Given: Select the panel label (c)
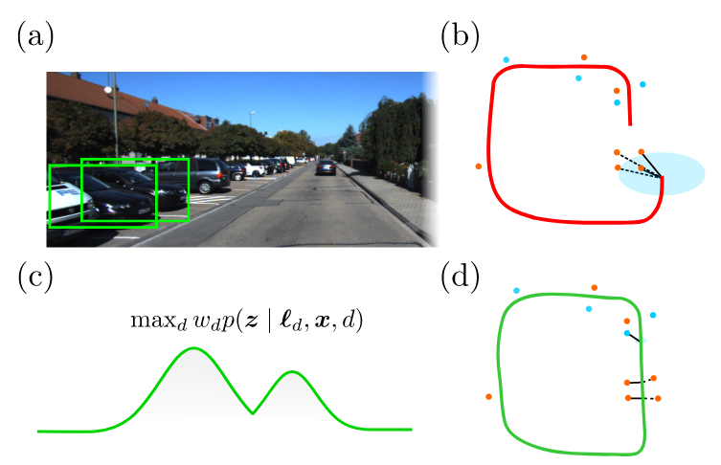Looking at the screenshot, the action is tap(34, 278).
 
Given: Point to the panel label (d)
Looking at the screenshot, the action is tap(460, 278).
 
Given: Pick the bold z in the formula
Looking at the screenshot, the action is tap(251, 321).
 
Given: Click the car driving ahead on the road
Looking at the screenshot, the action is tap(326, 166).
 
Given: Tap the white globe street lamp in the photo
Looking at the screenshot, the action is tap(107, 90).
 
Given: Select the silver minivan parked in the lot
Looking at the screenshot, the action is tap(196, 175).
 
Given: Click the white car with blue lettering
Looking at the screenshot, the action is tap(69, 202).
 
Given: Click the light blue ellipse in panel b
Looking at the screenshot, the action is tap(662, 174).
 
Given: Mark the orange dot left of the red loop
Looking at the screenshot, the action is tap(478, 166).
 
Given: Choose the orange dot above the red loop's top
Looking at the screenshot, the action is tap(584, 57).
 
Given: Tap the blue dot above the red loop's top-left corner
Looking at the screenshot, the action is tap(507, 59).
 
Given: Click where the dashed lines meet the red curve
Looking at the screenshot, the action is tap(662, 177).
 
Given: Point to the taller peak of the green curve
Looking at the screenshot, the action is tap(193, 348).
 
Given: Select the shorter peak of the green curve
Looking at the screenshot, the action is tap(291, 371).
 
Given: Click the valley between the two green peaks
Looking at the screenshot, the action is tap(253, 413).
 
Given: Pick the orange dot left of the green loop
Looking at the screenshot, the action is tap(488, 396).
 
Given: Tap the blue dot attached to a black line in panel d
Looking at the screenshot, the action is tap(627, 333).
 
